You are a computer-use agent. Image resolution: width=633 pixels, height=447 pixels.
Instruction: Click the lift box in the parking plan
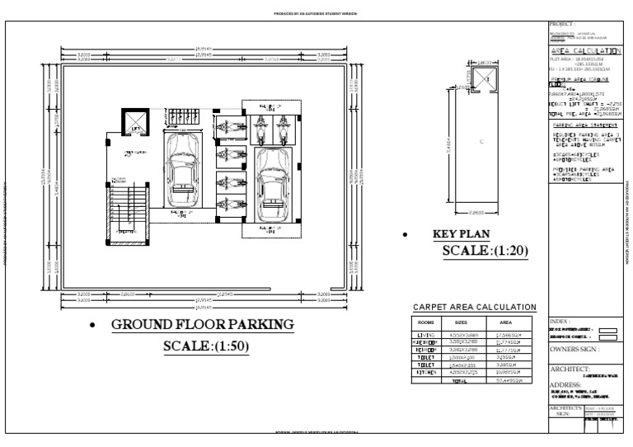[134, 122]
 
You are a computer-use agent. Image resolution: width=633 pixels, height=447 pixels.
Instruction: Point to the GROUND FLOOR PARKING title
[202, 325]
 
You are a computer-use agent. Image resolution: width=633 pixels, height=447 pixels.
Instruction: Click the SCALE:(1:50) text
[206, 346]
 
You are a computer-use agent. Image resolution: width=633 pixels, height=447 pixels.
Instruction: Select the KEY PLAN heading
[462, 234]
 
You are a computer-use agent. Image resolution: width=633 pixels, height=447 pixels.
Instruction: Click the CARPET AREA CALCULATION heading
[474, 308]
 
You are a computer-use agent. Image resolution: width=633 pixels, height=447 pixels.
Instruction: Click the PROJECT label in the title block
[562, 25]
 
